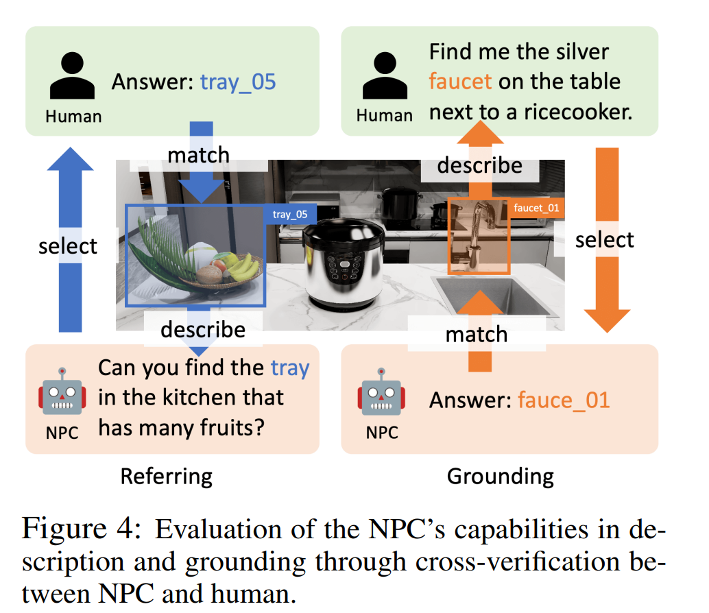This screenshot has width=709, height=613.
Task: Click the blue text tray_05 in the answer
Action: point(237,82)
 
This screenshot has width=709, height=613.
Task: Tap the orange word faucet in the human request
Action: point(460,82)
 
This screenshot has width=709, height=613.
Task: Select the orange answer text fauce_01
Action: point(564,399)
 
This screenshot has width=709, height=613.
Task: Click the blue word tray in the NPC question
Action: point(290,368)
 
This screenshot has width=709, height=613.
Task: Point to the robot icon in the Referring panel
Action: point(62,391)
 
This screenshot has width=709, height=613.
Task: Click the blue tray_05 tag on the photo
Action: point(291,215)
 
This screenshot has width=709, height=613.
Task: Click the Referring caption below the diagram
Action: point(167,476)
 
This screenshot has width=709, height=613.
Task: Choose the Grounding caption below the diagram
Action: point(500,476)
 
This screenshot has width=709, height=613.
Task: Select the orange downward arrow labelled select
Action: point(605,240)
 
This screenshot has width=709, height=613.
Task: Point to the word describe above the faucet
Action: point(479,165)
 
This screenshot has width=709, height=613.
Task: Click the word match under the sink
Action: point(477,334)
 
